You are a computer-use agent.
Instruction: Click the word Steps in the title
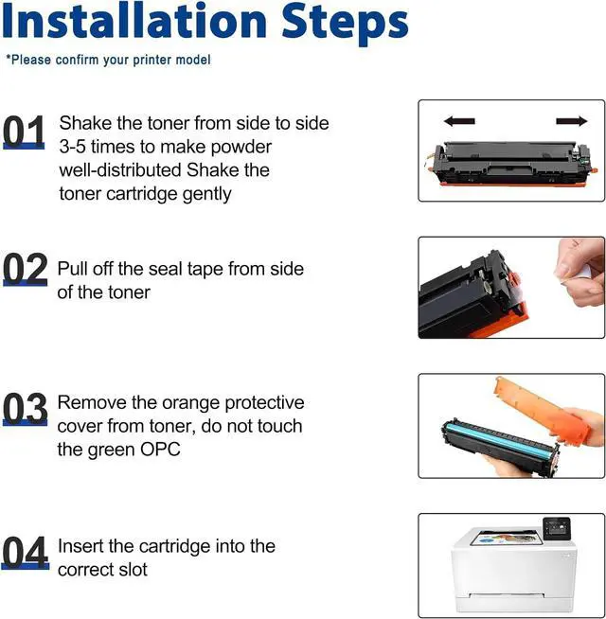pyautogui.click(x=345, y=25)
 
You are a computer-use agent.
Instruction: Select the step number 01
pyautogui.click(x=24, y=132)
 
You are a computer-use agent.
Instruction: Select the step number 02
pyautogui.click(x=25, y=269)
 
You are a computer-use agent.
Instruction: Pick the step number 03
pyautogui.click(x=25, y=409)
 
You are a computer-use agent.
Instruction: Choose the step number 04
pyautogui.click(x=26, y=553)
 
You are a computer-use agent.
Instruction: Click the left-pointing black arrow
pyautogui.click(x=459, y=121)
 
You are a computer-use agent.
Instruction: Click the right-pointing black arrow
pyautogui.click(x=572, y=121)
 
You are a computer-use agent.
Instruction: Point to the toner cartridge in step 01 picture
pyautogui.click(x=512, y=164)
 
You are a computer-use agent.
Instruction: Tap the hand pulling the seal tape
pyautogui.click(x=579, y=273)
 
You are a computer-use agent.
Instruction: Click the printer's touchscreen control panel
pyautogui.click(x=557, y=528)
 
